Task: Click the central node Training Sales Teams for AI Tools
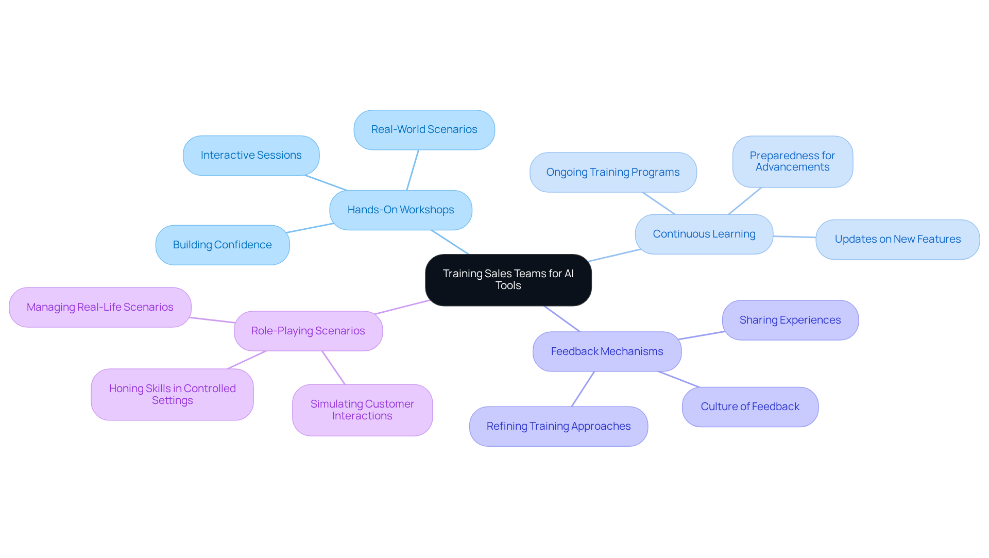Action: point(508,280)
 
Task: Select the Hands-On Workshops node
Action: point(400,210)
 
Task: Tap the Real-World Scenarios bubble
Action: point(424,129)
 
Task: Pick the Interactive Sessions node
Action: point(251,155)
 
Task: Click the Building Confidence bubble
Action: point(222,245)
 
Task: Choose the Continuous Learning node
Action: point(704,234)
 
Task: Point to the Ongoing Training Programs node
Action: point(612,172)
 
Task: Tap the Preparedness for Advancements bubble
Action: point(792,161)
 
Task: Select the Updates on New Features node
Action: point(897,239)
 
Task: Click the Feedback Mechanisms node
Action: point(607,351)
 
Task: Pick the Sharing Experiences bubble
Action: point(790,320)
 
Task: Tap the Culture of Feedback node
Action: point(749,407)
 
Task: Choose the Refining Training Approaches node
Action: point(558,426)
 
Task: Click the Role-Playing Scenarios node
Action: point(308,331)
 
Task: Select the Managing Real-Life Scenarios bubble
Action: point(100,307)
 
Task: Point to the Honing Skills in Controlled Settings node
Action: point(172,394)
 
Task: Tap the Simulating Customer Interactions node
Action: point(362,410)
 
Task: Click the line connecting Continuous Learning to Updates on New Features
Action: point(794,237)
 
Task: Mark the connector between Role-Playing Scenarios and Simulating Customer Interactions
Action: point(333,367)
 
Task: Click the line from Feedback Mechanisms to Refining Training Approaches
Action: point(583,389)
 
